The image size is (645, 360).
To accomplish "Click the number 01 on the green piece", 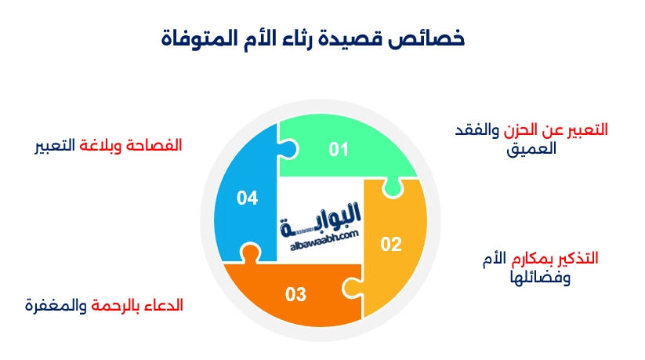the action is (339, 150).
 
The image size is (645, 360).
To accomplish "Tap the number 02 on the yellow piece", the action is (391, 244).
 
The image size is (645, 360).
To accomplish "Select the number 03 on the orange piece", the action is (295, 294).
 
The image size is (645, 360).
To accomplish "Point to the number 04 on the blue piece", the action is (247, 198).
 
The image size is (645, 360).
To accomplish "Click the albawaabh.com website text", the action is (324, 241).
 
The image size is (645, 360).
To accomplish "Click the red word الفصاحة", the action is (154, 145).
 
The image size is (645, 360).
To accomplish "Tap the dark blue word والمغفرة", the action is (56, 306).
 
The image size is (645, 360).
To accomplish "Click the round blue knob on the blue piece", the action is (288, 149).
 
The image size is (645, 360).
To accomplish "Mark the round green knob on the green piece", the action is (393, 187).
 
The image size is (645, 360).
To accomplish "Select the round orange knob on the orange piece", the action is (250, 252).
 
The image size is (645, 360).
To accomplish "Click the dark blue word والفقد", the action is (477, 130).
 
